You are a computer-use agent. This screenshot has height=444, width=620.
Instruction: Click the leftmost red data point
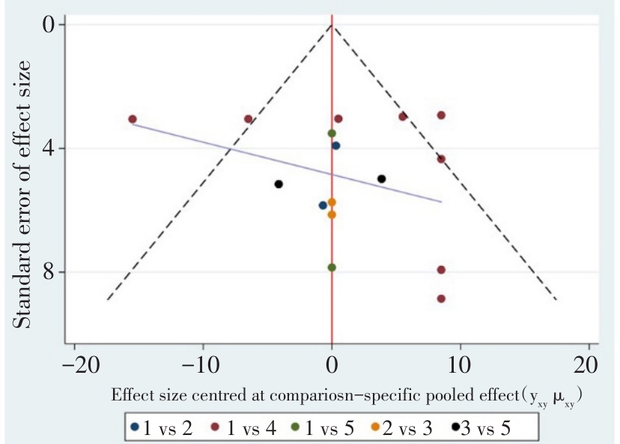coord(133,119)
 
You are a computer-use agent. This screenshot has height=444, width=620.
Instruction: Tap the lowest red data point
coord(441,298)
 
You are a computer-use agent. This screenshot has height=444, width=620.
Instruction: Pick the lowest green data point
coord(332,267)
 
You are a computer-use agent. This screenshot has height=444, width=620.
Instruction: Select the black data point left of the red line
coord(279,184)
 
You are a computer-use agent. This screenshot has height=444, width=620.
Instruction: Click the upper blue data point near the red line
coord(336,145)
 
